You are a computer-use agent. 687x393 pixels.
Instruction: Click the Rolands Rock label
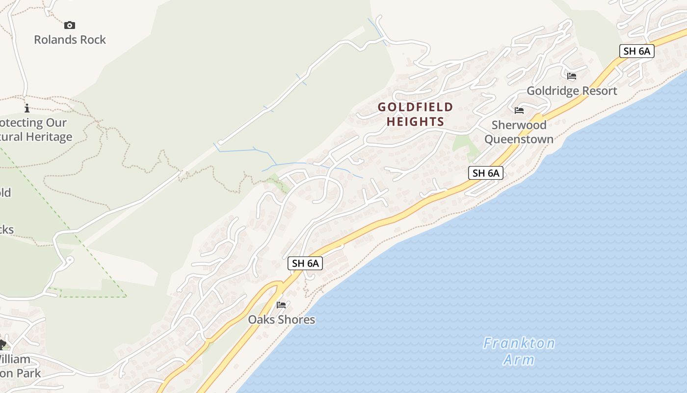click(x=70, y=40)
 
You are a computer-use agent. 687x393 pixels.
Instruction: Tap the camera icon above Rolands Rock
click(x=70, y=25)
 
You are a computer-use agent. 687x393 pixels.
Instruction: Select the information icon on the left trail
click(x=27, y=108)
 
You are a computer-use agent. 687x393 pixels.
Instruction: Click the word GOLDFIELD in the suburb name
click(x=416, y=107)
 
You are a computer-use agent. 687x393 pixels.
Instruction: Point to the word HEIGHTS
click(x=416, y=122)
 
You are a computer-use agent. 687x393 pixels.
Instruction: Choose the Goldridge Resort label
click(x=572, y=91)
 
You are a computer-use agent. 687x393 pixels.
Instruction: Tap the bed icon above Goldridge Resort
click(x=572, y=76)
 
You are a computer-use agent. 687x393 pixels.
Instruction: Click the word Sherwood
click(x=519, y=125)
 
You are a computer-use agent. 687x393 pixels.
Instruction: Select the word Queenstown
click(x=519, y=139)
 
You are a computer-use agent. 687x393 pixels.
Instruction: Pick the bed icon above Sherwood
click(x=519, y=111)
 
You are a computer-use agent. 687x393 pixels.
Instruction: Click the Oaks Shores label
click(x=281, y=320)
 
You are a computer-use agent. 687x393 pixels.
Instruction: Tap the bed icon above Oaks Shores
click(x=281, y=305)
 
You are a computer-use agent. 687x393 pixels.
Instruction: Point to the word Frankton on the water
click(x=519, y=343)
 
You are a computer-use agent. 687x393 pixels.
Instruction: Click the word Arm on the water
click(x=519, y=360)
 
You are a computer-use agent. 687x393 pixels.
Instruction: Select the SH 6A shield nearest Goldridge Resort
click(x=636, y=51)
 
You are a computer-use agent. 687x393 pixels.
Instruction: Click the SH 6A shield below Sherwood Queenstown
click(x=485, y=173)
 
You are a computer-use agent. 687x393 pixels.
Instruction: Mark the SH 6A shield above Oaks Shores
click(x=305, y=263)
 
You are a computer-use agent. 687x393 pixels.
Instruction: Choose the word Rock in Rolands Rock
click(x=93, y=40)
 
